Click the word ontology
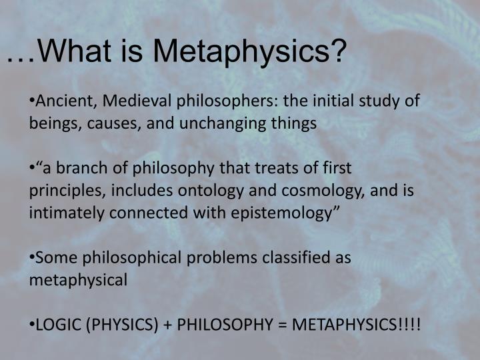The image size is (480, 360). (203, 190)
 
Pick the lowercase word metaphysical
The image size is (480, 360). (78, 279)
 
